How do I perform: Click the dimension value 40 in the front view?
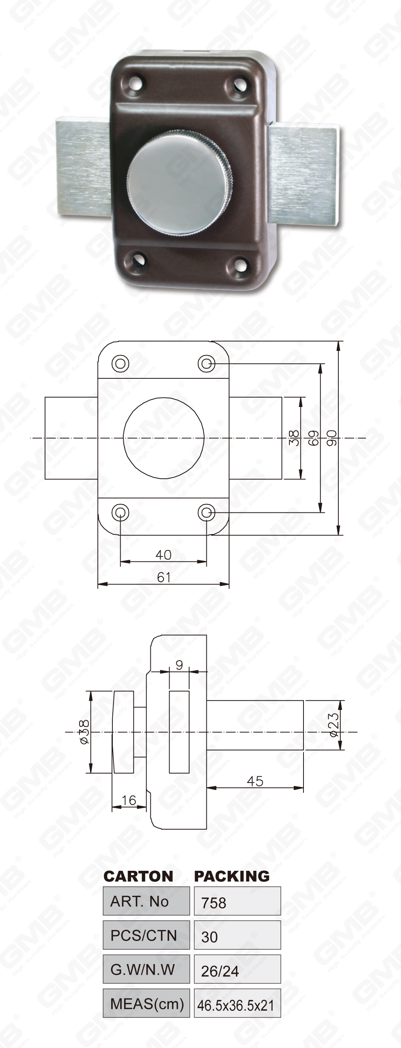click(x=163, y=555)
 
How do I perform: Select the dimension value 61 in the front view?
click(x=163, y=577)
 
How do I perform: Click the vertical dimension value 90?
click(x=332, y=438)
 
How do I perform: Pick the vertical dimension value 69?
click(x=313, y=438)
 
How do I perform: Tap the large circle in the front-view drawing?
click(x=163, y=438)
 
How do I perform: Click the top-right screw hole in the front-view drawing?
click(x=206, y=363)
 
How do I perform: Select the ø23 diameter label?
click(x=334, y=725)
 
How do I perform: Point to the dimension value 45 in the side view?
click(x=255, y=781)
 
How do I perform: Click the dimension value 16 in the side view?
click(x=128, y=800)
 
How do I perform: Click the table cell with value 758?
click(x=237, y=903)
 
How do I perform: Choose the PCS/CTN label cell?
click(x=146, y=936)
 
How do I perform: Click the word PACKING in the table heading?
click(x=231, y=876)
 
